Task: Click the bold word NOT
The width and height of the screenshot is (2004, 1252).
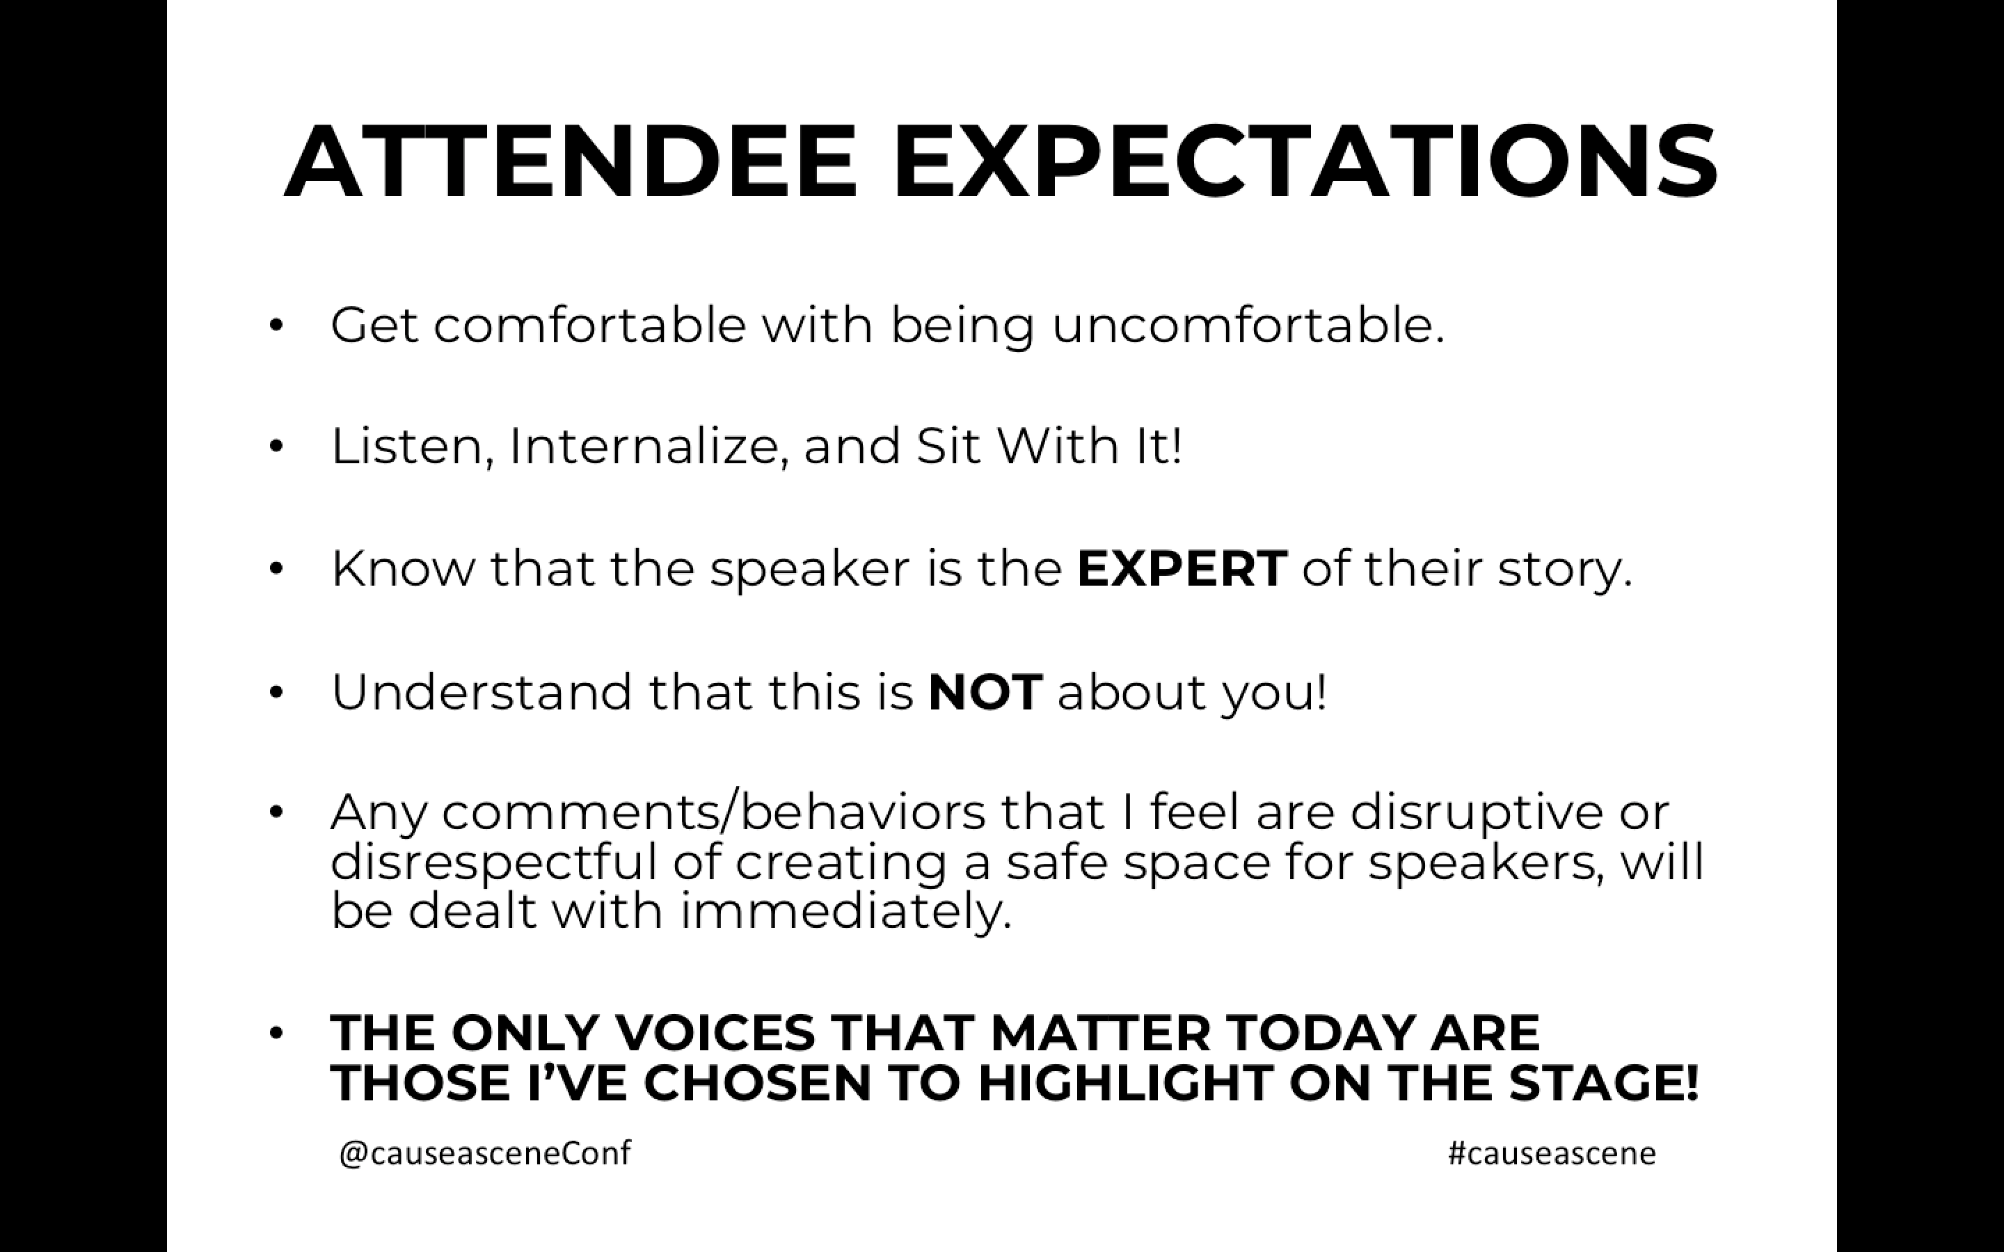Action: point(985,691)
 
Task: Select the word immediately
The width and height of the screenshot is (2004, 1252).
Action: point(847,911)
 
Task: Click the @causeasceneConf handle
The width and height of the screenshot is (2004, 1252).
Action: point(485,1153)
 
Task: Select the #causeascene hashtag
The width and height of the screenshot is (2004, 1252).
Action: point(1552,1153)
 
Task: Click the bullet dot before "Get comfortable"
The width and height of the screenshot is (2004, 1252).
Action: point(276,326)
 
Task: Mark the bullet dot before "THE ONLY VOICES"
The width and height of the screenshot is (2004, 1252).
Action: point(276,1034)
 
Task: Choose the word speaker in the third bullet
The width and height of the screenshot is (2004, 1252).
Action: point(810,570)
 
